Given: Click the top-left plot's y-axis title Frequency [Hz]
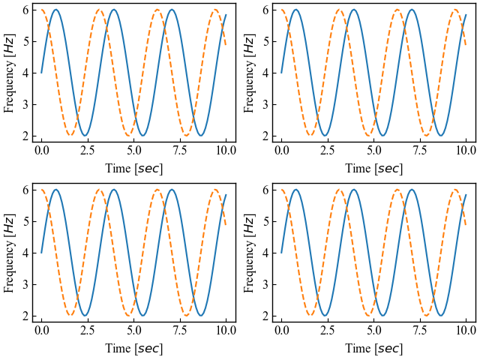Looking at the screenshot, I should click(9, 73).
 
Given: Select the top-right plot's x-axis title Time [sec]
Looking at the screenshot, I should click(373, 169).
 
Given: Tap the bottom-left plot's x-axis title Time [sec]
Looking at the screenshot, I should click(133, 348).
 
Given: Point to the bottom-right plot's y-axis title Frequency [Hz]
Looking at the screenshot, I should click(249, 252).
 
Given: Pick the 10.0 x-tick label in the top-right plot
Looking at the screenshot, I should click(466, 150).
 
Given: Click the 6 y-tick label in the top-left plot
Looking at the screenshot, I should click(25, 10).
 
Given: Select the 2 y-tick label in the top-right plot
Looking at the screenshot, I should click(265, 136).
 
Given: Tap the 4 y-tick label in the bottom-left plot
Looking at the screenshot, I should click(25, 253).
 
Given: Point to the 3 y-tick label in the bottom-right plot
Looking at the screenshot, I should click(265, 284).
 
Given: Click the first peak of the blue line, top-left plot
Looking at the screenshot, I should click(55, 10).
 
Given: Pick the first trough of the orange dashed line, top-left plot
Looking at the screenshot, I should click(70, 136).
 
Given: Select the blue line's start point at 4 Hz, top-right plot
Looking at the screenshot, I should click(281, 73).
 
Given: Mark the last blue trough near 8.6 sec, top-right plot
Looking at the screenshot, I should click(440, 136).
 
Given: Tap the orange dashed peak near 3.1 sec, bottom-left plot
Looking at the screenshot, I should click(100, 190).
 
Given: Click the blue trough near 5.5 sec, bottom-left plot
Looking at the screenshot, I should click(142, 316).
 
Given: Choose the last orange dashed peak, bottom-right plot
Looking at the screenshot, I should click(454, 190).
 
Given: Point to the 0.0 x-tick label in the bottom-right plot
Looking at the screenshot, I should click(281, 330).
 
